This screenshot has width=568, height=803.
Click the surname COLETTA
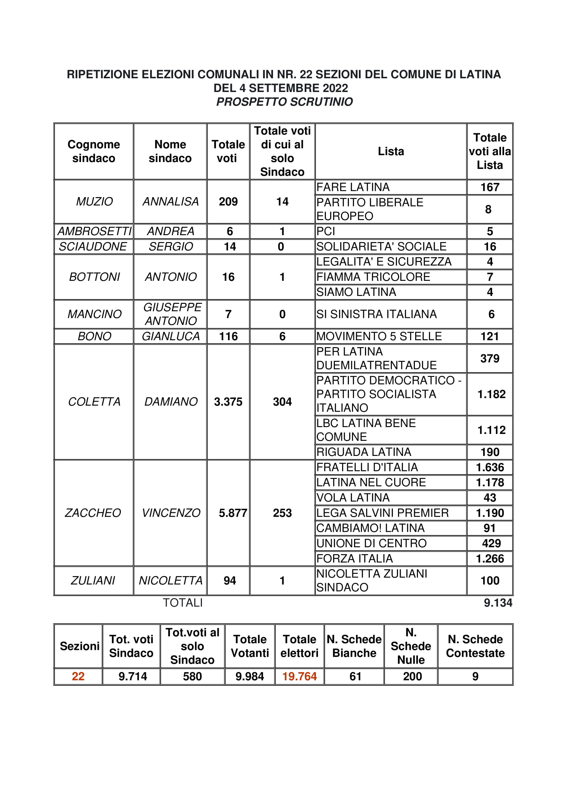94,402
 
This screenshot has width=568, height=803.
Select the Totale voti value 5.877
232,513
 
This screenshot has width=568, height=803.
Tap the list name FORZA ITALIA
354,558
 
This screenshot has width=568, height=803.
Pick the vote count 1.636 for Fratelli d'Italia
490,467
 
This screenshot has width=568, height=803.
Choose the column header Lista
391,151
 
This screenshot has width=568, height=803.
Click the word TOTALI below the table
183,603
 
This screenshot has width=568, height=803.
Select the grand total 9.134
498,603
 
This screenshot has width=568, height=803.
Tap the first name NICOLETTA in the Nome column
170,581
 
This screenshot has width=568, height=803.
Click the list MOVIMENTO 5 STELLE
379,336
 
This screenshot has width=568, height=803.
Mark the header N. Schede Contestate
475,646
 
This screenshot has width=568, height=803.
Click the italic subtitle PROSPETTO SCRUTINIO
284,102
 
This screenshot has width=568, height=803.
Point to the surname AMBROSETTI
94,231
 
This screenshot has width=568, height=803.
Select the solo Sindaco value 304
282,402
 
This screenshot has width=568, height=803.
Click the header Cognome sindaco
94,151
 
